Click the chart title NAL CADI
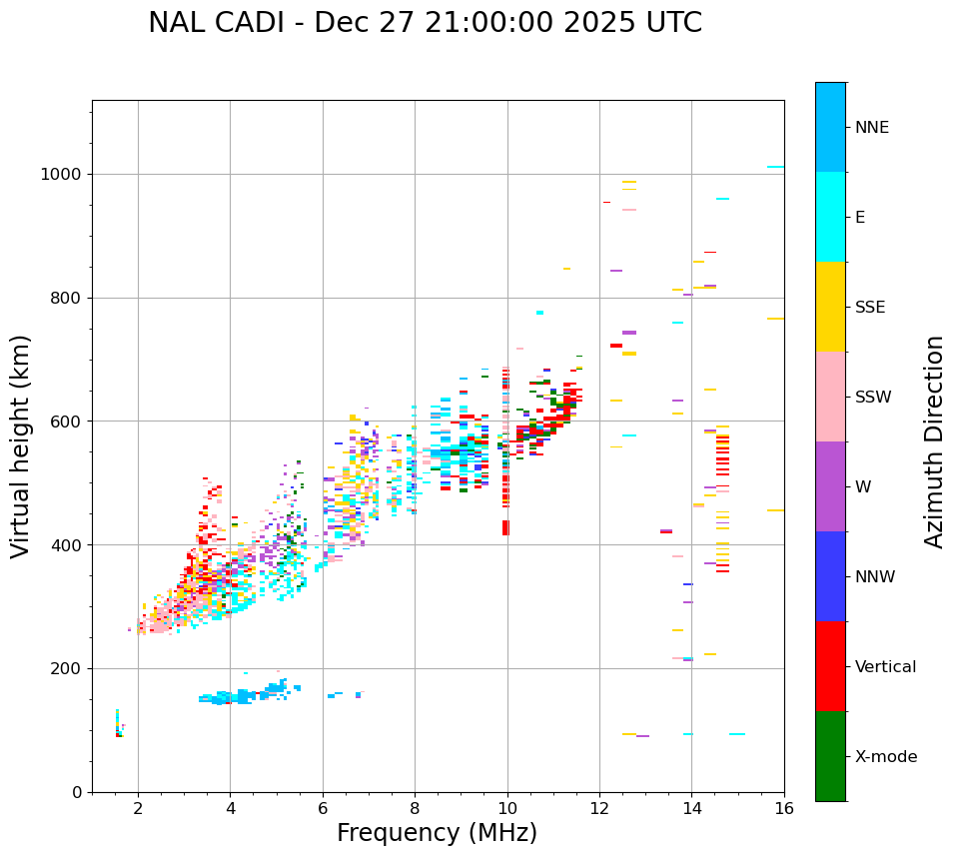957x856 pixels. tap(425, 23)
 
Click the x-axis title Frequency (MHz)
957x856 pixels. tap(437, 833)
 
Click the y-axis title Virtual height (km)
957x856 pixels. tap(21, 446)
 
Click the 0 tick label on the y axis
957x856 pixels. tap(78, 792)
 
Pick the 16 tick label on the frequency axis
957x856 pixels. tap(784, 808)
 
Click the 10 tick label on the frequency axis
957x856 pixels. tap(507, 808)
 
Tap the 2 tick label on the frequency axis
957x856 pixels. tap(138, 808)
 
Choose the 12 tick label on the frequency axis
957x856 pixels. tap(599, 808)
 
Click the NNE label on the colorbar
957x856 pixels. tap(871, 128)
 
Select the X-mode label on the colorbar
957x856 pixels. tap(886, 757)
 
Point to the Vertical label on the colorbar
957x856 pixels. tap(886, 667)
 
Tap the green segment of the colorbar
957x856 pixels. tap(830, 756)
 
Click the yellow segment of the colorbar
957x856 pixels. tap(830, 307)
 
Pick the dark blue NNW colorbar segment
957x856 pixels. tap(830, 576)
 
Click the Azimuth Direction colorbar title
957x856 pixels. tap(935, 441)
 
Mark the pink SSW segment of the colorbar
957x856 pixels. tap(830, 397)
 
